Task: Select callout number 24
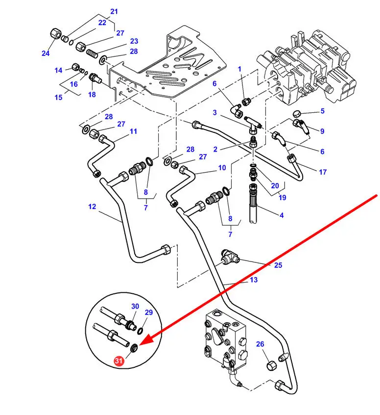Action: coord(46,53)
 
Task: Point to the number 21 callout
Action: coord(114,11)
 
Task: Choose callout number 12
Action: coord(93,207)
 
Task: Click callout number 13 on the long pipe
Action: coord(253,280)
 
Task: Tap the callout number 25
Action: coord(278,265)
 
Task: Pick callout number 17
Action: coord(322,172)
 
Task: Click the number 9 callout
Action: coord(322,131)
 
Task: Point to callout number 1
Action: coord(240,69)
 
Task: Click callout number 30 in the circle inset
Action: coord(135,307)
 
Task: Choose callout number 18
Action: coord(92,95)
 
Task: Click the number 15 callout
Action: coord(58,98)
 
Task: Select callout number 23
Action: coord(134,41)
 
